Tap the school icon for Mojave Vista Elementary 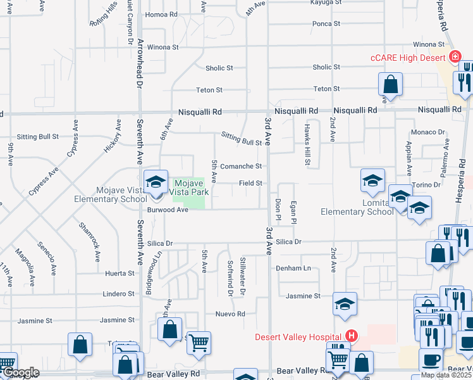[156, 182]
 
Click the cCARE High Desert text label [408, 58]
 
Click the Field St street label [250, 183]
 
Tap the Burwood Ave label [168, 210]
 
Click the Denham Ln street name [293, 268]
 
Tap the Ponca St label [326, 24]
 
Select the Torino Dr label [427, 185]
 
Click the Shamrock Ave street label [89, 241]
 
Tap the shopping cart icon [199, 343]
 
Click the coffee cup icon [431, 359]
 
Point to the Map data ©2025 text [446, 375]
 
